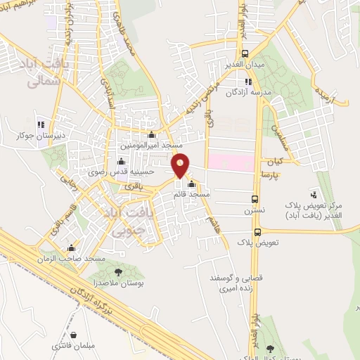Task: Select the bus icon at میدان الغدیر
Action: point(244,53)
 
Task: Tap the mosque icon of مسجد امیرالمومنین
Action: point(151,134)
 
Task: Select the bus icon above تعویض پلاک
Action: point(257,231)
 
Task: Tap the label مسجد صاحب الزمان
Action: point(72,259)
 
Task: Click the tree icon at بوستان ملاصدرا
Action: point(117,271)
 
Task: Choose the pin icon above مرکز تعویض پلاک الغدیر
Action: point(312,192)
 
